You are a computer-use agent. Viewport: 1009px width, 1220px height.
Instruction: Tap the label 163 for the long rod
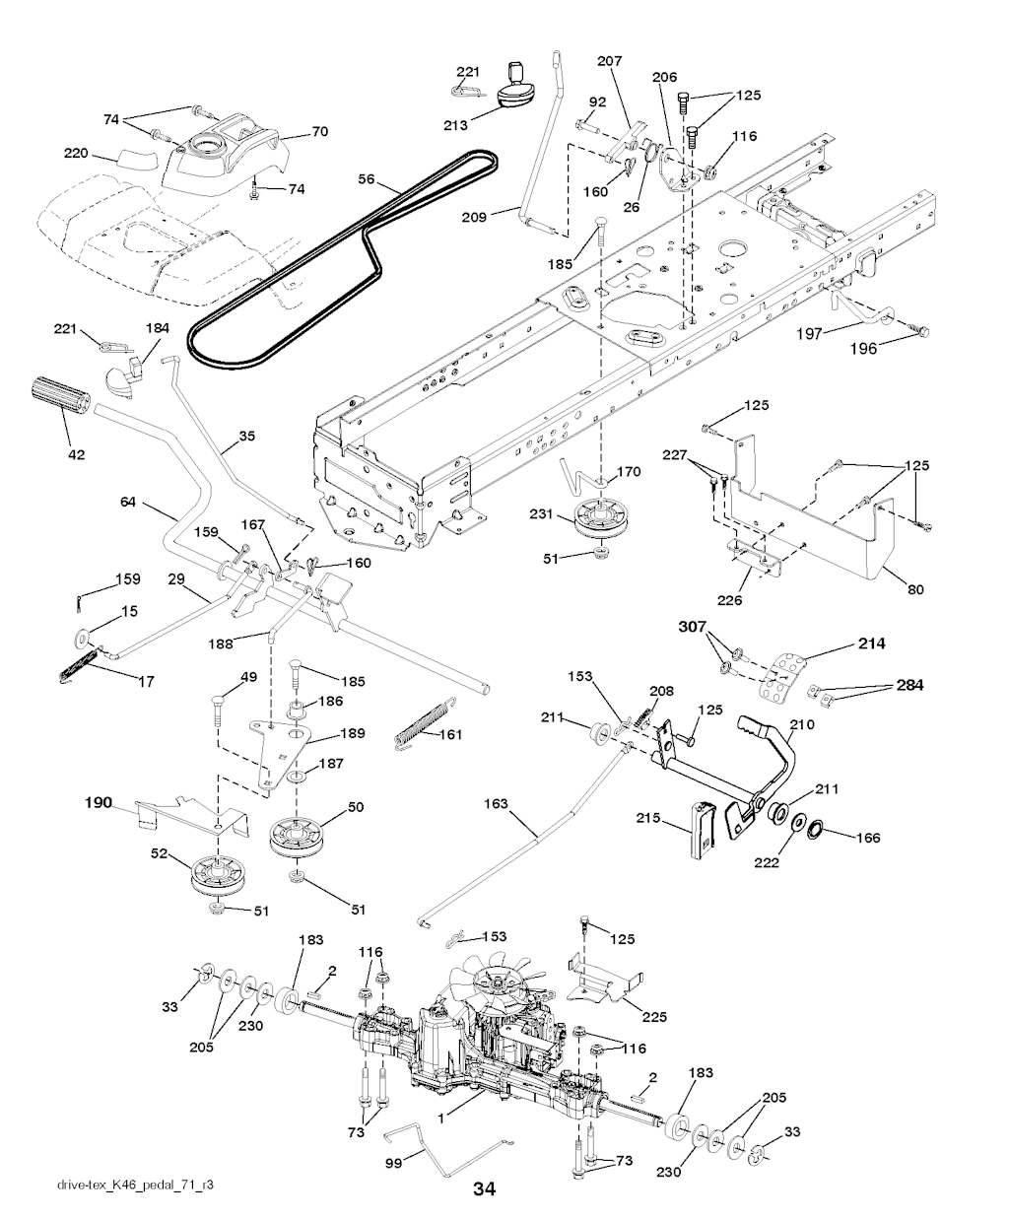(x=496, y=804)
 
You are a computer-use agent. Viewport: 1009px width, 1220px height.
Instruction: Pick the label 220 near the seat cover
(x=76, y=154)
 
